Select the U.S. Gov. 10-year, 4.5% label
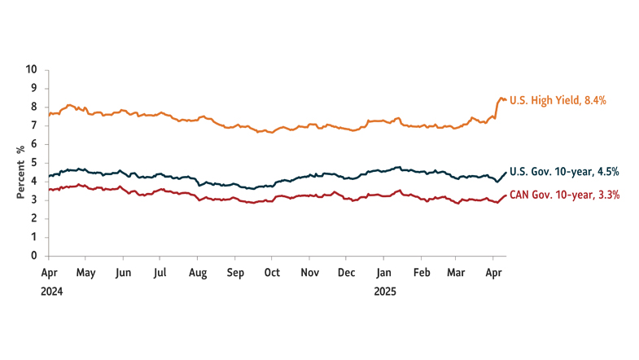tap(564, 171)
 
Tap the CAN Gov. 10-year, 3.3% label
tap(564, 195)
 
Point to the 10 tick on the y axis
tap(33, 70)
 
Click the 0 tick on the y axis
tap(35, 256)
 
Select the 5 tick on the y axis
tap(35, 163)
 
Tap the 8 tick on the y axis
tap(35, 107)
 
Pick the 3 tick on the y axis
tap(35, 200)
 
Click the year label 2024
tap(50, 290)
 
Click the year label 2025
tap(384, 290)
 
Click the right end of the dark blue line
tap(506, 172)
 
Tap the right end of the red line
tap(506, 195)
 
